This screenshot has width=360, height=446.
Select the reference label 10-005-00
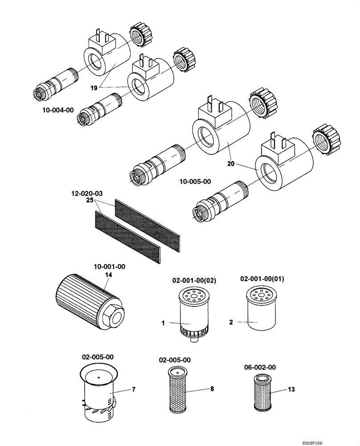coord(195,182)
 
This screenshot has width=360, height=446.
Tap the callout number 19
coord(94,88)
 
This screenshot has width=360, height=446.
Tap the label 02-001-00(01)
coord(262,279)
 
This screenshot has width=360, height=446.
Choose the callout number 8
coord(212,389)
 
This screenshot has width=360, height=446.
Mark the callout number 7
coord(133,390)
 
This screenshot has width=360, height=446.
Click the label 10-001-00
coord(109,267)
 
